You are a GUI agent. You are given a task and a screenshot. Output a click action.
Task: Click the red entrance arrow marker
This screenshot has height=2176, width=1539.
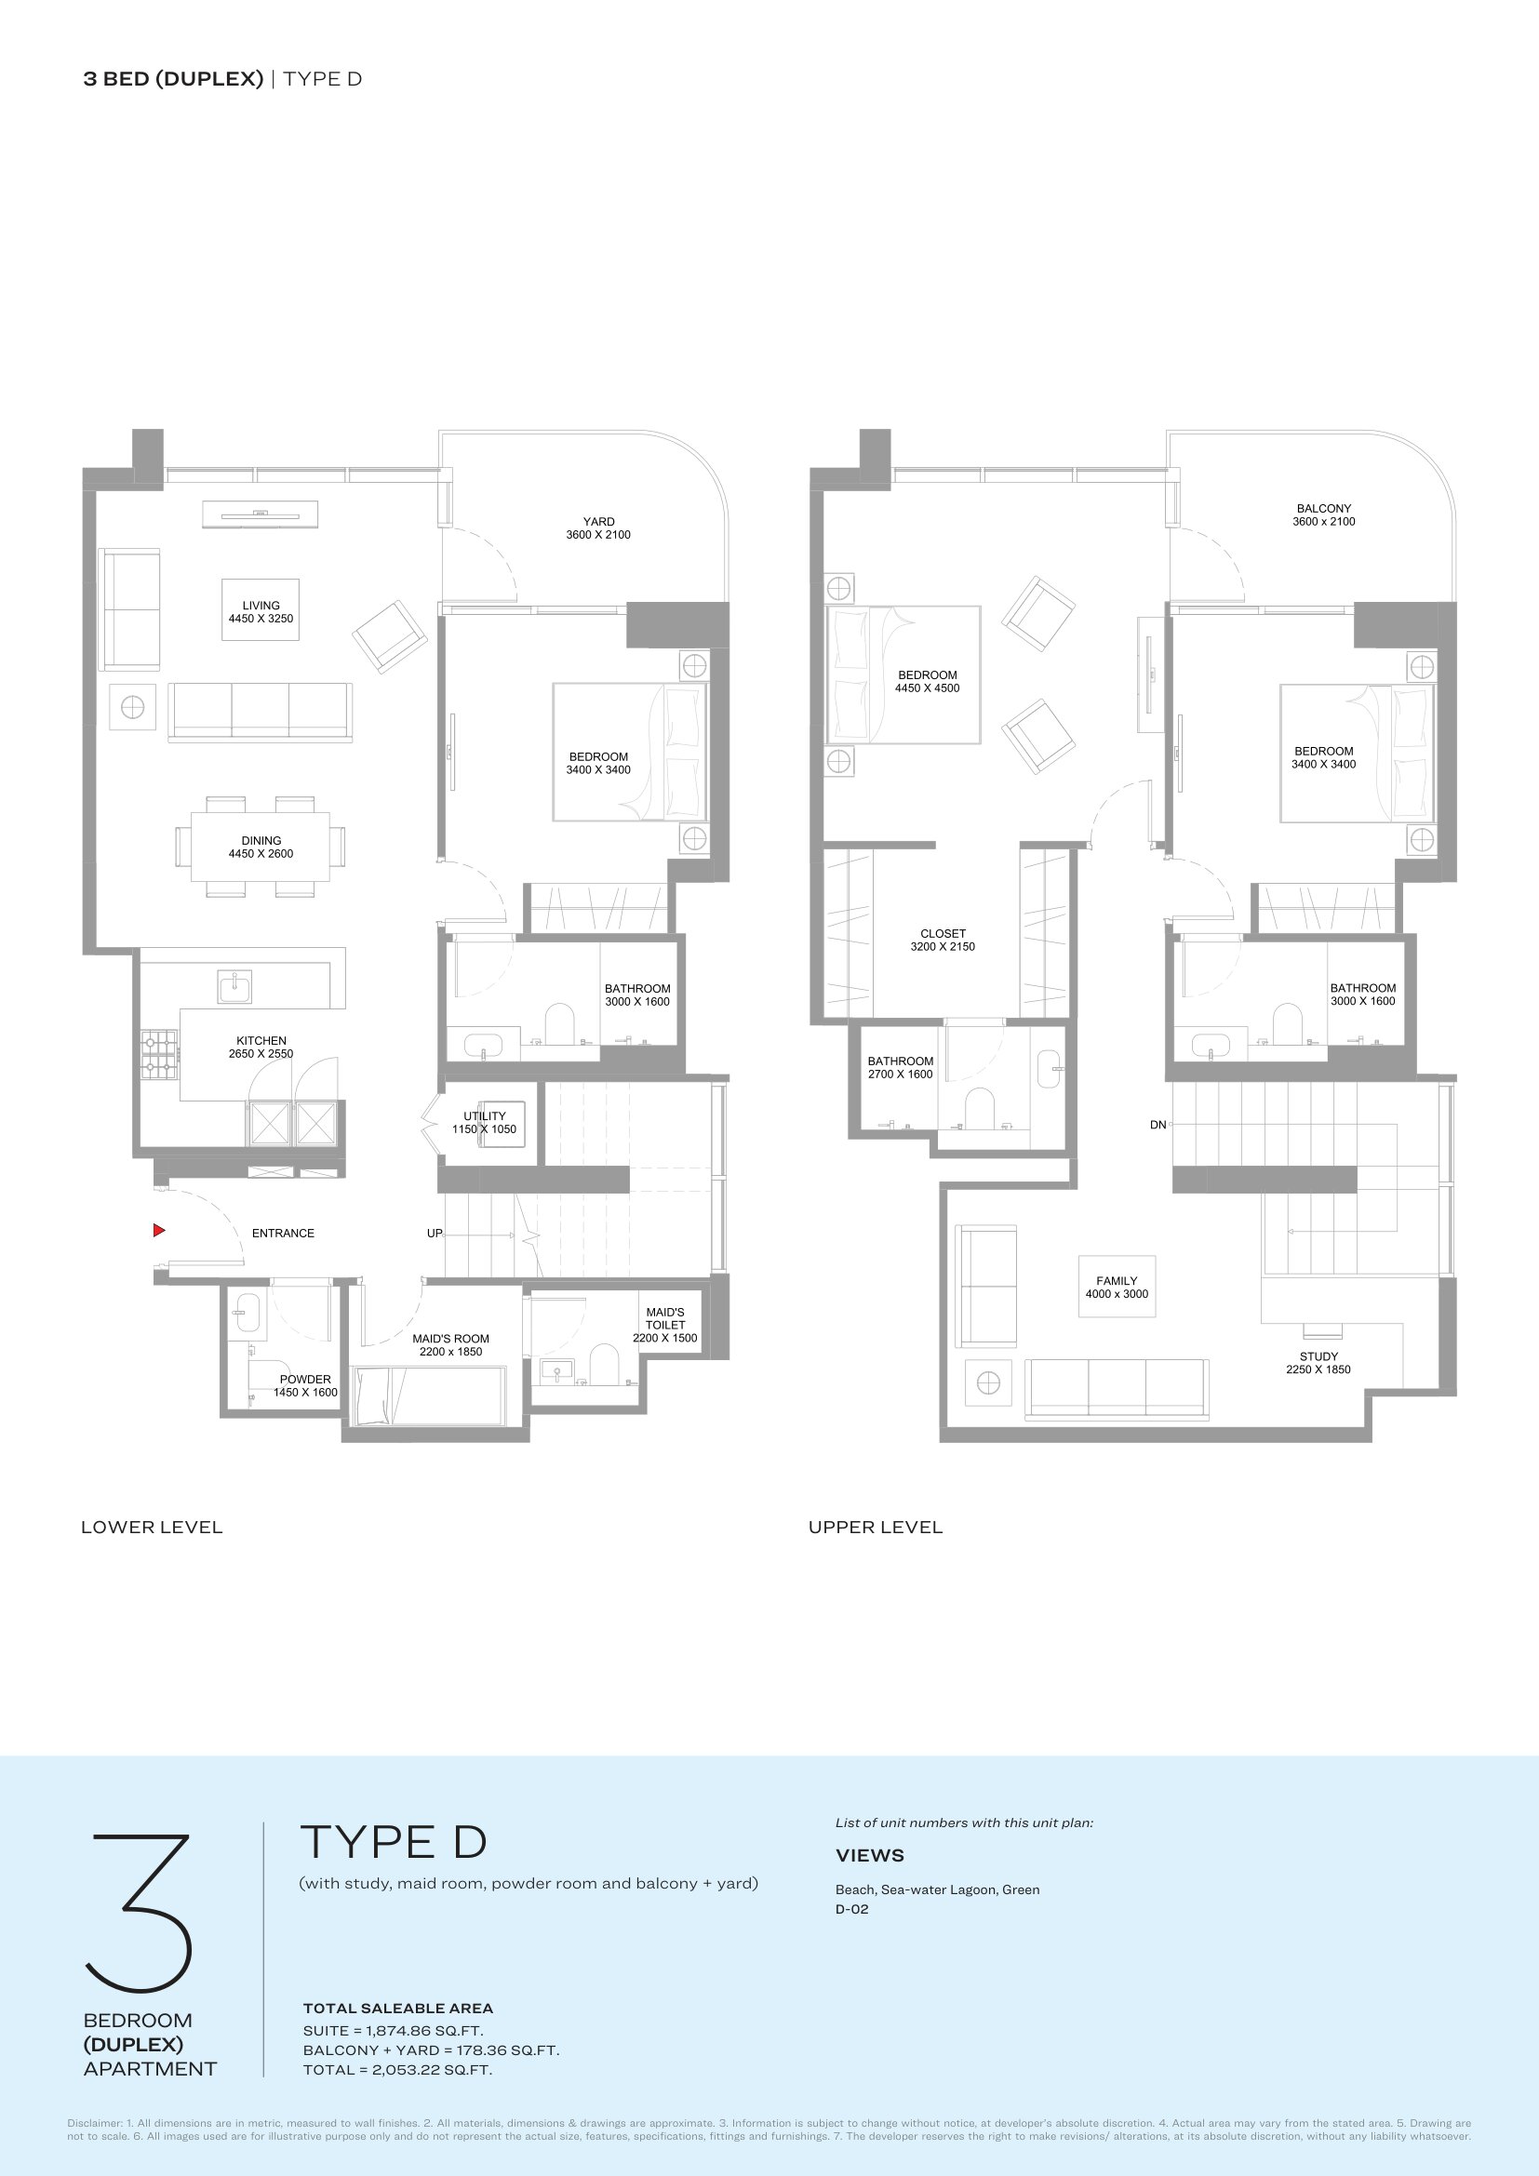point(159,1230)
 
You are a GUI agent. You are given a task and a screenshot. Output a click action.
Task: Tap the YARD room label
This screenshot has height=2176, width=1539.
point(598,527)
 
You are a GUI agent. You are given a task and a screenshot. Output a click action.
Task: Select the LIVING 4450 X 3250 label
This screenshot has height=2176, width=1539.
point(261,612)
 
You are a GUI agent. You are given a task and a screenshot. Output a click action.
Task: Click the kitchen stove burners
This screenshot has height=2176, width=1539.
point(159,1055)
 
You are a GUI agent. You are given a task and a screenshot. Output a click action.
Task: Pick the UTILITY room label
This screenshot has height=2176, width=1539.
point(484,1123)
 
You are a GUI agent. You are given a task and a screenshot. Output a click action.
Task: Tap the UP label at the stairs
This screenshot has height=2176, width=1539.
point(434,1233)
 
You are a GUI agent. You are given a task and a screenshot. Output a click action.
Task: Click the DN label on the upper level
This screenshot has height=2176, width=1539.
point(1158,1125)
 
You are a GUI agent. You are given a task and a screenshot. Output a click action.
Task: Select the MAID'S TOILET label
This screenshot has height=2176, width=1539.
point(665,1325)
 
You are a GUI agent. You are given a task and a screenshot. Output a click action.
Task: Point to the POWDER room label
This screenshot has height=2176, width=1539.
point(305,1385)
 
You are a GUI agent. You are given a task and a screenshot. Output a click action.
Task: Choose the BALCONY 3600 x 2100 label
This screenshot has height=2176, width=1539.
point(1324,514)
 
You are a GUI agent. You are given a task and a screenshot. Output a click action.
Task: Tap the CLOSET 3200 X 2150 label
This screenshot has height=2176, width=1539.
point(943,941)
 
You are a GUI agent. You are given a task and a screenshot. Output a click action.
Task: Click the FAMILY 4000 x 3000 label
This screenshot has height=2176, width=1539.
point(1117,1287)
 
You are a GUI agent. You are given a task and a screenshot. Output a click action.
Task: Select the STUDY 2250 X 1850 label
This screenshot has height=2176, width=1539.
point(1318,1363)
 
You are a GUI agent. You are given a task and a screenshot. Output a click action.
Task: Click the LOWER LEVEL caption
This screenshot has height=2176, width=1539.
point(152,1527)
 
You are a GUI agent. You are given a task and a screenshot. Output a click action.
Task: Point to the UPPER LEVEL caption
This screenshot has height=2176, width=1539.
point(876,1527)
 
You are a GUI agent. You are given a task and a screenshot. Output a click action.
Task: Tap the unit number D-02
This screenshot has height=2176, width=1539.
point(852,1909)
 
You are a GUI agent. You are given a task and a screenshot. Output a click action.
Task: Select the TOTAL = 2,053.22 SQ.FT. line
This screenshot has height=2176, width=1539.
point(397,2070)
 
